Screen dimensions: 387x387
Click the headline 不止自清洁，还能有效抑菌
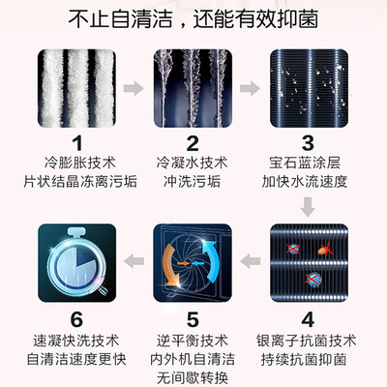click(193, 18)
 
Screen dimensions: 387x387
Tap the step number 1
click(77, 144)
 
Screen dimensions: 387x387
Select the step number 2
click(193, 144)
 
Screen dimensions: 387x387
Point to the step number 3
click(308, 144)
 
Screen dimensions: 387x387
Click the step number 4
click(308, 319)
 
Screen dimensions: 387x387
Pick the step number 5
click(193, 319)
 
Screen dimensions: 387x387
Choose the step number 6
click(76, 319)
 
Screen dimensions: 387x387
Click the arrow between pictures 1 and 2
click(134, 88)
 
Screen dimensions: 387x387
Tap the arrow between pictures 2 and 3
click(250, 88)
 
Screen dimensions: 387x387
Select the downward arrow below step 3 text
click(308, 207)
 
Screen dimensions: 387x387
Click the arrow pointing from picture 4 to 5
click(251, 260)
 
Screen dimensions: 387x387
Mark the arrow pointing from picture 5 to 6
click(134, 260)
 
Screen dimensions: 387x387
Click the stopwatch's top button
click(76, 232)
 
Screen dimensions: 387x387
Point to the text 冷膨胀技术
click(80, 163)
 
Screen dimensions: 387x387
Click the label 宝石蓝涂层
click(305, 163)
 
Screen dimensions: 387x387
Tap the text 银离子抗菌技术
click(306, 342)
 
